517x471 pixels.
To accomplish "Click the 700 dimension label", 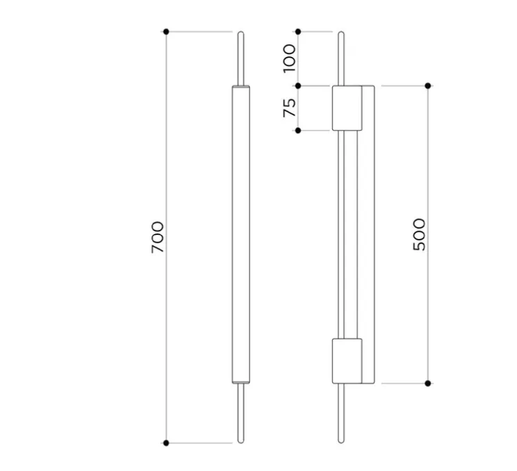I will tap(158, 236).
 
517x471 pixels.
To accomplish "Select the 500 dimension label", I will tap(418, 234).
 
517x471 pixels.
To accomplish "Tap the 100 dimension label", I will tap(290, 58).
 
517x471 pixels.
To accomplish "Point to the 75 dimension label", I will tap(290, 107).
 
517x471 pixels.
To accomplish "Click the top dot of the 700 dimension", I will tap(166, 31).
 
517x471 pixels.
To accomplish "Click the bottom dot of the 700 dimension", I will tap(166, 443).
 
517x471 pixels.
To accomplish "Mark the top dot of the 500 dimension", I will tap(428, 85).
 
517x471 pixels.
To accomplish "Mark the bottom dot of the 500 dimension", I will tap(428, 383).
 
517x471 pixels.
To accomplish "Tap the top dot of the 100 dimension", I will tap(298, 31).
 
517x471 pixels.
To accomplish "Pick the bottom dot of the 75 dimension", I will tap(298, 130).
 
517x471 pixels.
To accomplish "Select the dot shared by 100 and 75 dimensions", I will tap(298, 85).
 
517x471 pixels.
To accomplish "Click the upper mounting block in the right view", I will tap(347, 108).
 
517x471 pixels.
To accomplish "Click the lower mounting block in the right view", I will tap(347, 361).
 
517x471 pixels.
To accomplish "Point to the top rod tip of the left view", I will tap(240, 33).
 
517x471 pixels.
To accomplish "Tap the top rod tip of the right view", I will tap(340, 33).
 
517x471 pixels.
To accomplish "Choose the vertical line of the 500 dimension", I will tap(428, 313).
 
